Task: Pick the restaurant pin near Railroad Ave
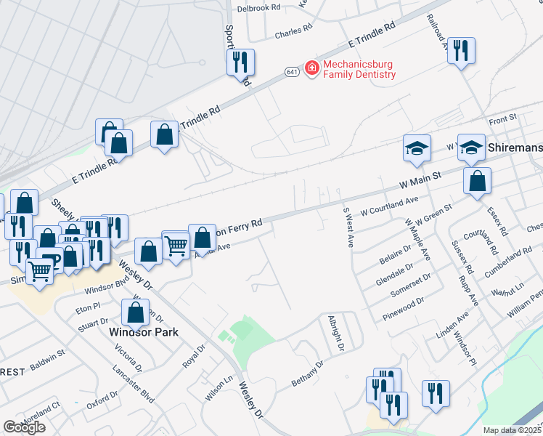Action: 461,52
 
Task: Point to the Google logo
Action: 24,427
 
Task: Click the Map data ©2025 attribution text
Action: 512,430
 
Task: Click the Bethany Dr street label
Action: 306,371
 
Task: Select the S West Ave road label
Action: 347,227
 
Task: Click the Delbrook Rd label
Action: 258,8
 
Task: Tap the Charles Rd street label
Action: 293,33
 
